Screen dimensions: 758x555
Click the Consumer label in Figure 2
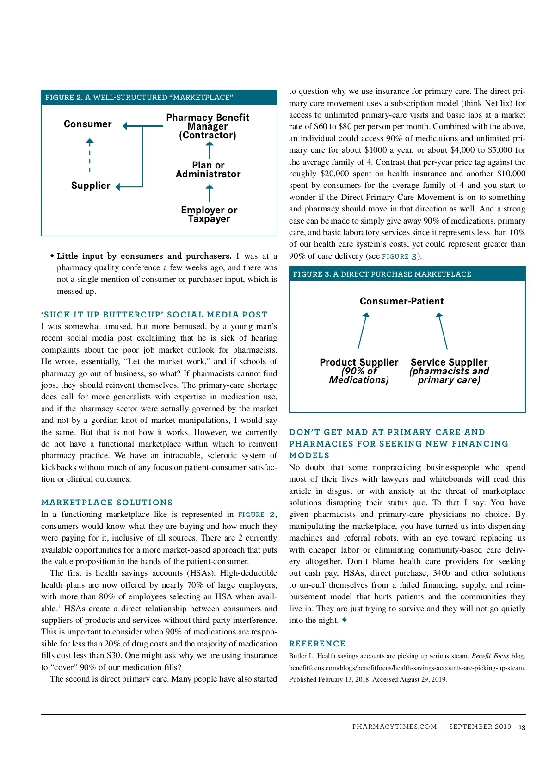pos(88,124)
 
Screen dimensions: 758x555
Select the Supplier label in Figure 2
pos(91,186)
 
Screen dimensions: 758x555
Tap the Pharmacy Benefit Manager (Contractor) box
pos(208,126)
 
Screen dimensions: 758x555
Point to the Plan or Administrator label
pos(208,170)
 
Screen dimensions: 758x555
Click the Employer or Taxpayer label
pos(209,214)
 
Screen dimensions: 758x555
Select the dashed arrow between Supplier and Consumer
pos(90,155)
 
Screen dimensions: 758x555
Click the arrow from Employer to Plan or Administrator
pos(210,193)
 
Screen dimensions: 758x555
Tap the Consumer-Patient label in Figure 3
pos(401,301)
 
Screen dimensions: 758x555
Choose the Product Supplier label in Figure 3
pos(359,371)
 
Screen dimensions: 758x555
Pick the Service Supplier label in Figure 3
pos(449,371)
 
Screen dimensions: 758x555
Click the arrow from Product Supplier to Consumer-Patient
pos(363,331)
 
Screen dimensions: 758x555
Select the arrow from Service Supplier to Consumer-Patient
pos(443,331)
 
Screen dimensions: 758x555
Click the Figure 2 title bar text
pos(139,98)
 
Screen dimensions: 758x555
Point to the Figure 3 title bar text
pos(382,274)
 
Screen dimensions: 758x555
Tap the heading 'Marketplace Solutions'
pos(107,503)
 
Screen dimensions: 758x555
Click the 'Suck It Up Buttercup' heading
pos(154,315)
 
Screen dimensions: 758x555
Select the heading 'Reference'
pos(317,644)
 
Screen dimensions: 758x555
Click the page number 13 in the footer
pos(522,727)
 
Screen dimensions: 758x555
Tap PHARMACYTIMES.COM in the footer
pos(395,727)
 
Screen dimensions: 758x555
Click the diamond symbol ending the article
pos(344,620)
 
